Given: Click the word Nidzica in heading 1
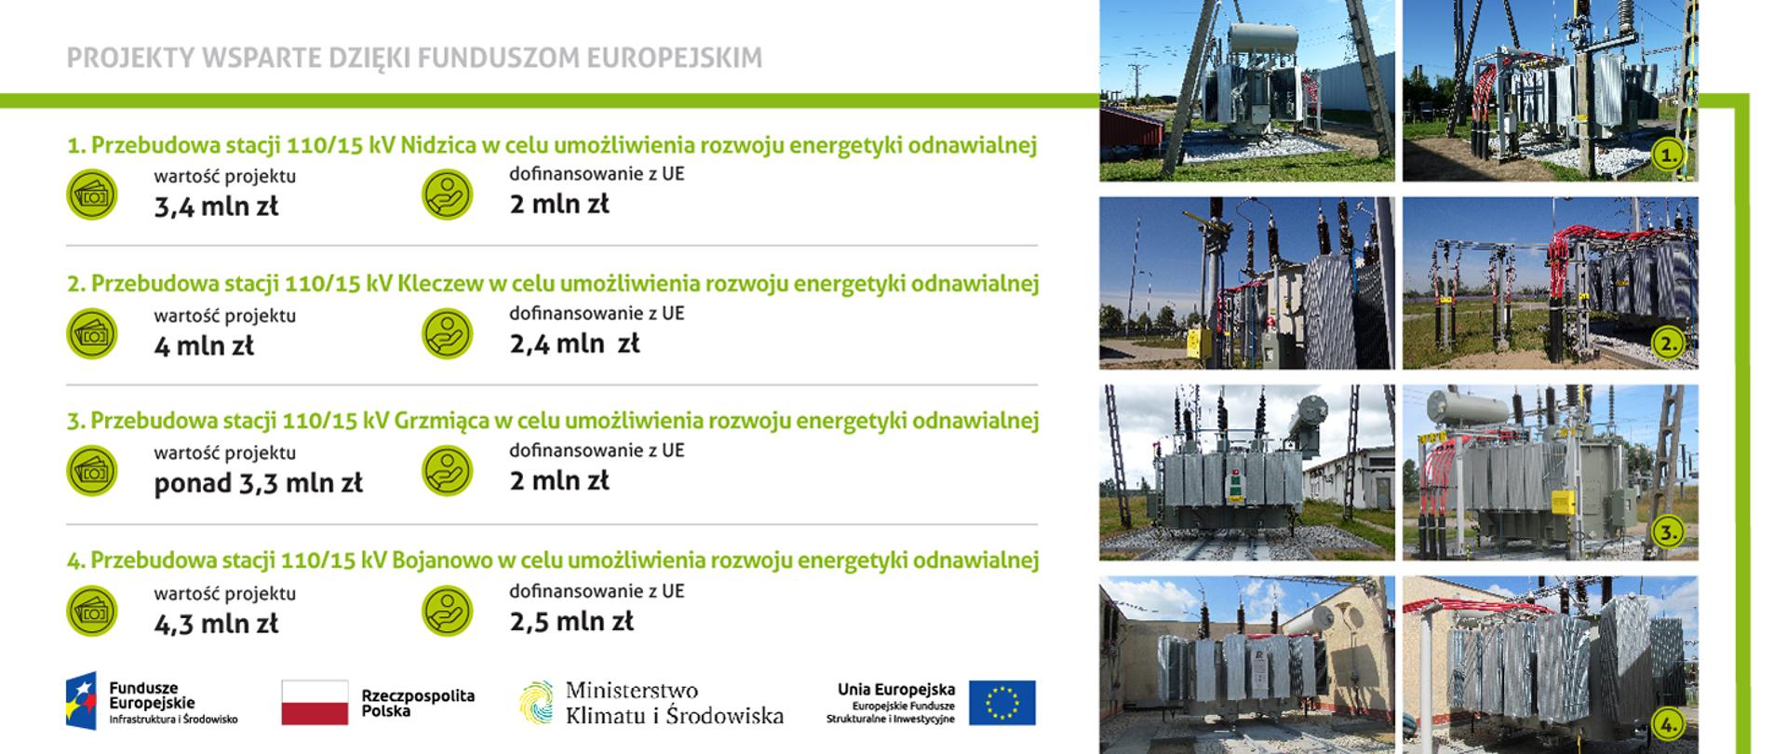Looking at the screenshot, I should coord(437,145).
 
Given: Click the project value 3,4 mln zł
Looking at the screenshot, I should coord(216,207).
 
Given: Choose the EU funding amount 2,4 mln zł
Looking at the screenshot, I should coord(574,343).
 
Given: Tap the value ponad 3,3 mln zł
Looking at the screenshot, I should coord(258,483).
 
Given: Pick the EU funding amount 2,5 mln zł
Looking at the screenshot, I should coord(571,621).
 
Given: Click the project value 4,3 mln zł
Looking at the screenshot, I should coord(216,624).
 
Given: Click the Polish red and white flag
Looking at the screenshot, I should coord(315,703).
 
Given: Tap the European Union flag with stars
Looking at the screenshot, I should coord(1001,703).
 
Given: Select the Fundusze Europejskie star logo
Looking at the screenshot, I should coord(81,701).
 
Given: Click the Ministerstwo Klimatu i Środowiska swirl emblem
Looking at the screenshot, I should coord(535,702).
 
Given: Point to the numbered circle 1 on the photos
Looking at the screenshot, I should coord(1669,155).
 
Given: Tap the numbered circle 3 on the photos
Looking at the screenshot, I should coord(1669,532).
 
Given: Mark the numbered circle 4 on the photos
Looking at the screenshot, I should coord(1669,723).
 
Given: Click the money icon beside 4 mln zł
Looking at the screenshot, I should coord(91,333).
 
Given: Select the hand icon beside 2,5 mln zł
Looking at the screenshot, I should coord(447,611).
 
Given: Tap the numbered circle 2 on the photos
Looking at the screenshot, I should coord(1669,343).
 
